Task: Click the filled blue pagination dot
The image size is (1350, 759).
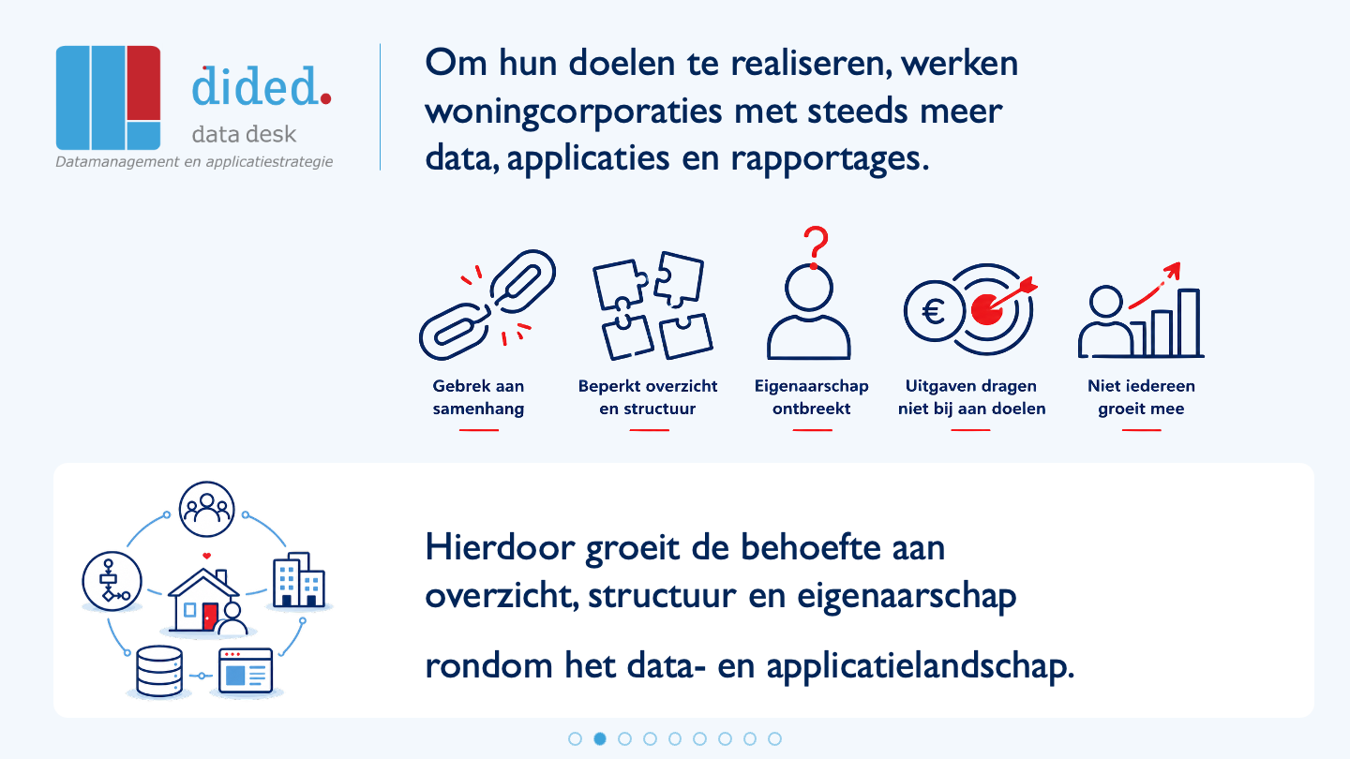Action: click(x=600, y=738)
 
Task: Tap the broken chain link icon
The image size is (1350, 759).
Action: click(x=487, y=305)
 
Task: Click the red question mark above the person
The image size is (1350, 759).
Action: click(x=816, y=247)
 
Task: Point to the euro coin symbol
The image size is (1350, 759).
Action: click(x=934, y=311)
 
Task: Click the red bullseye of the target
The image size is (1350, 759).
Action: click(x=986, y=309)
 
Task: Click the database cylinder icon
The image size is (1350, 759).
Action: click(x=159, y=671)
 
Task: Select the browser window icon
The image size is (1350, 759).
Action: click(x=246, y=671)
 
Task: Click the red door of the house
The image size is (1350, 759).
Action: click(x=209, y=617)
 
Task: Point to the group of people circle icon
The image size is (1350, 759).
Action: click(x=206, y=509)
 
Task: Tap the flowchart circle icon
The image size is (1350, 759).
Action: click(x=112, y=581)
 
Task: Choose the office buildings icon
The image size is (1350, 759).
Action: click(x=299, y=579)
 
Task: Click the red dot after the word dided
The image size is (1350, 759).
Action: click(x=325, y=98)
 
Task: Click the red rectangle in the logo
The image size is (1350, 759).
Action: click(x=143, y=82)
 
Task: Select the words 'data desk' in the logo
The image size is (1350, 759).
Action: click(x=244, y=134)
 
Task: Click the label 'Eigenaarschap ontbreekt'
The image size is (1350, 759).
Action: click(x=811, y=397)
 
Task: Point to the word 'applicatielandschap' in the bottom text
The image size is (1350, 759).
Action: click(x=921, y=667)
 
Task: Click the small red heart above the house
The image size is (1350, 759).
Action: click(x=206, y=556)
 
